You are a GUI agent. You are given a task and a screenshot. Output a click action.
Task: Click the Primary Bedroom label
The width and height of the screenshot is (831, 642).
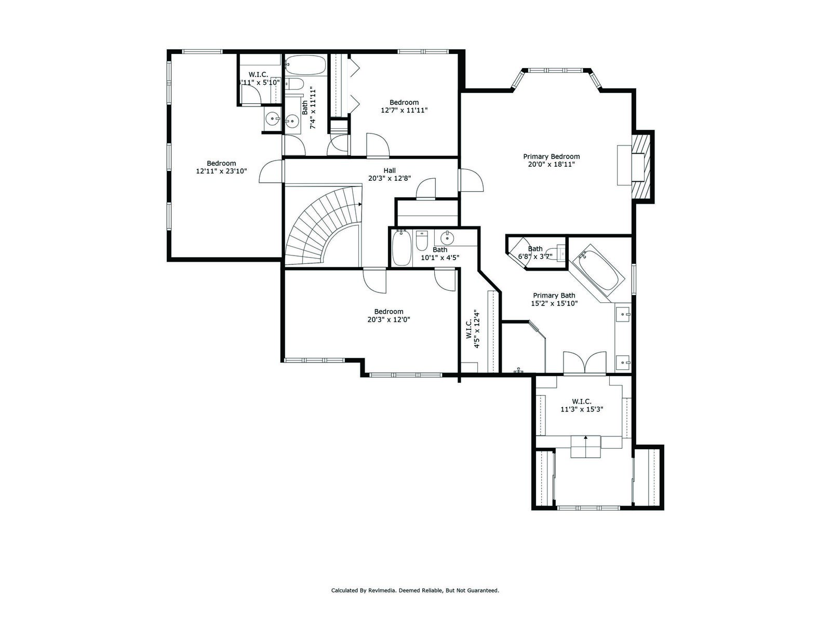[551, 156]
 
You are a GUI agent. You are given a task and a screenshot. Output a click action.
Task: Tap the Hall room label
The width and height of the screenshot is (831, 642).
[390, 170]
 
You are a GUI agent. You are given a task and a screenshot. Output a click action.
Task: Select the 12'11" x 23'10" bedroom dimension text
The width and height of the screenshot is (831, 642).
[221, 171]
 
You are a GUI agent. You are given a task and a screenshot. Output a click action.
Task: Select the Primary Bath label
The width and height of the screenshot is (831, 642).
[554, 295]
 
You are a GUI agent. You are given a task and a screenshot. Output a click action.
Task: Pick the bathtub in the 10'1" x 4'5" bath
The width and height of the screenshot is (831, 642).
[401, 247]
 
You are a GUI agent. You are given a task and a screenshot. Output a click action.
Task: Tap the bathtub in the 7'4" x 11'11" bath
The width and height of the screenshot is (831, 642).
[305, 65]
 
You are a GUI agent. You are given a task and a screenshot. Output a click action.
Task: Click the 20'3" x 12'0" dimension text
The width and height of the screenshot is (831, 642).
[388, 319]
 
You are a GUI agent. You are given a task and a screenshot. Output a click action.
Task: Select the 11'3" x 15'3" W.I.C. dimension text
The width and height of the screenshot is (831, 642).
[582, 409]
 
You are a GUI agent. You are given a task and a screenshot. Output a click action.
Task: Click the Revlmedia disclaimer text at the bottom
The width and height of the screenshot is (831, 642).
[415, 591]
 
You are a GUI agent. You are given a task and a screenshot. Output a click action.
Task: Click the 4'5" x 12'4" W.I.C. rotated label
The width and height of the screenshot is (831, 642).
[472, 329]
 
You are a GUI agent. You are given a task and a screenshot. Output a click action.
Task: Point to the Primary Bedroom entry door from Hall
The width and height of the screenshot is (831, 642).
[471, 180]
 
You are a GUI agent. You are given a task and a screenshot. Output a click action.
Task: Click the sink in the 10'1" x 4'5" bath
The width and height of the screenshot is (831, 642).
[447, 238]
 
